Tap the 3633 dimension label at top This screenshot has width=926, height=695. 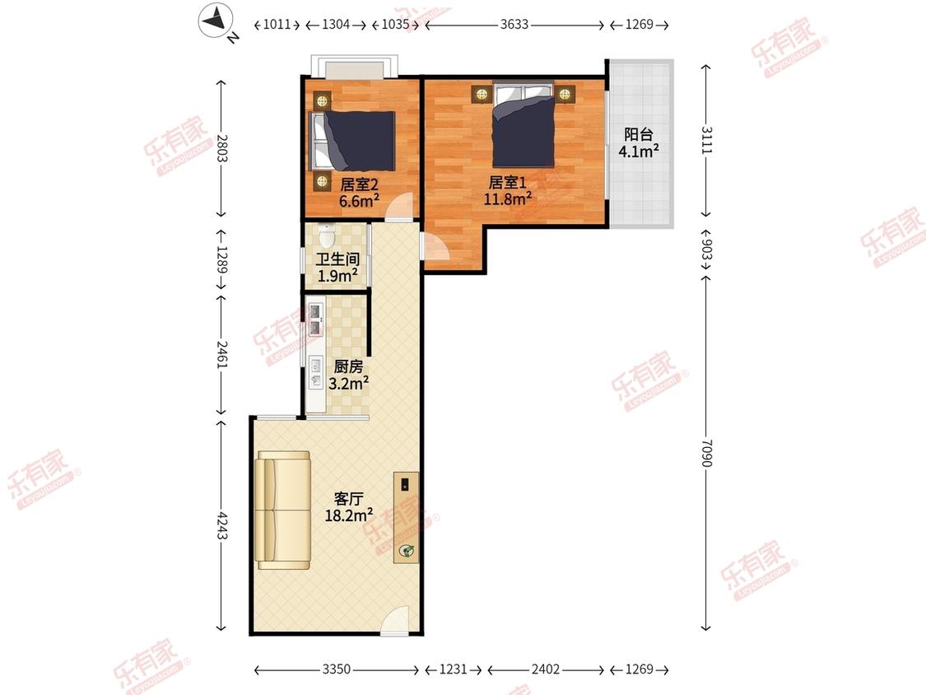click(x=514, y=24)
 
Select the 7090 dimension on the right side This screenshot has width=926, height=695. click(x=706, y=453)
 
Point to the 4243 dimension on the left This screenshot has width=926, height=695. click(x=221, y=525)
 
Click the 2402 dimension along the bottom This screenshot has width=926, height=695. click(x=545, y=669)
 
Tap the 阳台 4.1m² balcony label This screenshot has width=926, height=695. click(x=639, y=143)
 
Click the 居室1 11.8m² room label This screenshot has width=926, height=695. click(x=507, y=190)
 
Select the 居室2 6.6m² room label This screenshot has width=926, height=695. click(x=359, y=193)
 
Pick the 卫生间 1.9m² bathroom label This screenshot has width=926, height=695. click(x=337, y=267)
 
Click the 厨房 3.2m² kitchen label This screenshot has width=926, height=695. click(x=348, y=375)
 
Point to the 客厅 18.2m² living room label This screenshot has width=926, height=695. click(x=348, y=507)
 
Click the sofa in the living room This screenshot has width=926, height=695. click(x=283, y=510)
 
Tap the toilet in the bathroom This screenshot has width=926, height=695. click(x=327, y=236)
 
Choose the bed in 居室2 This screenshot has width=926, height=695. click(x=352, y=141)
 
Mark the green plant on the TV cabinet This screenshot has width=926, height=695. click(x=407, y=551)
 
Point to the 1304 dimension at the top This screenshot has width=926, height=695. click(x=336, y=24)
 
